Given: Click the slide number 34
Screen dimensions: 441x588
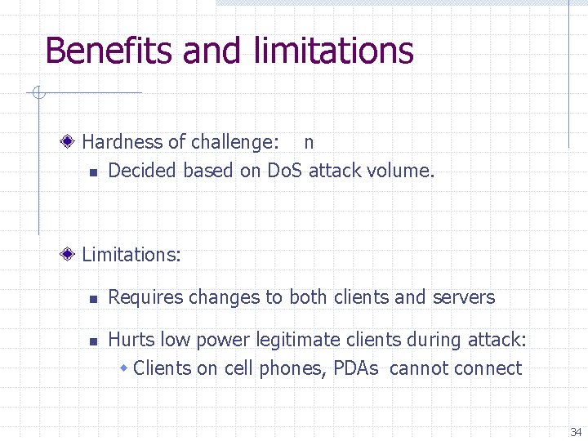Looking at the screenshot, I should click(576, 431).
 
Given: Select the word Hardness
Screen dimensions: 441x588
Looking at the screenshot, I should click(122, 142).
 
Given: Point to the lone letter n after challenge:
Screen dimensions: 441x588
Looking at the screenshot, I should click(309, 142).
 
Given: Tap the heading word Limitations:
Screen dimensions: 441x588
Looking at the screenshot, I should click(131, 255).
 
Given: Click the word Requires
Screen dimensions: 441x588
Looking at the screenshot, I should click(145, 297).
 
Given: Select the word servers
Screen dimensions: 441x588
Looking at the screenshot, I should click(466, 297).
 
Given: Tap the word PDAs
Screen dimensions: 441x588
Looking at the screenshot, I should click(355, 368).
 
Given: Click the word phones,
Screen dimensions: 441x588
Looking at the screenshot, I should click(293, 369).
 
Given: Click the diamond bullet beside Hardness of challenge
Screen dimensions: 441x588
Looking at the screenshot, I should click(71, 142).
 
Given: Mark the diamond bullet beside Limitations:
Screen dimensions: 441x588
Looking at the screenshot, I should click(71, 255).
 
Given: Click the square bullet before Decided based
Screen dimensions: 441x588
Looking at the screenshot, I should click(93, 171).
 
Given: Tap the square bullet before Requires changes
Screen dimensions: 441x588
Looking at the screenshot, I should click(93, 299).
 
